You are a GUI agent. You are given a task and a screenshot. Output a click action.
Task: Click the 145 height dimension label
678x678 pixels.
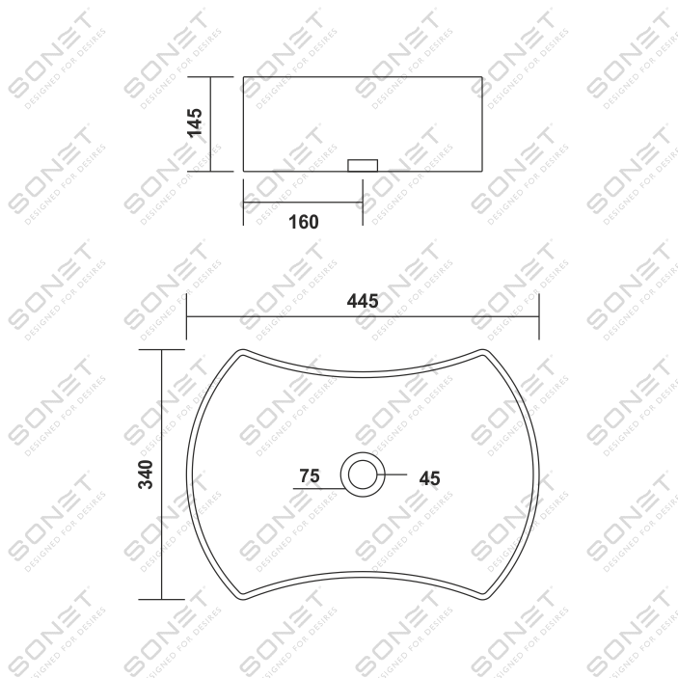coord(195,122)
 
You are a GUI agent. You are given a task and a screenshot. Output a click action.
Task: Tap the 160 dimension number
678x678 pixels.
coord(304,222)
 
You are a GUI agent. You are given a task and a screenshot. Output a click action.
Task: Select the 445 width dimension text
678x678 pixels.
coord(363,301)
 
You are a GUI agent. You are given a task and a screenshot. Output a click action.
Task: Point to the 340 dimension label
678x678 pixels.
coord(146,475)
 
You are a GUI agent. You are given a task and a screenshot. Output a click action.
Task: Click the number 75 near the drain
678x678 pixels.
coord(310,476)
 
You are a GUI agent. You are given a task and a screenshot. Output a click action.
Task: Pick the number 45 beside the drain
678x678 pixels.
coord(429,478)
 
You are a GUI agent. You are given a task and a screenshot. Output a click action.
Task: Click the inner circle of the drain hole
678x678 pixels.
coord(363,475)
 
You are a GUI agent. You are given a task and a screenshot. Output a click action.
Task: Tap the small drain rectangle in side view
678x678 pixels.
coord(363,166)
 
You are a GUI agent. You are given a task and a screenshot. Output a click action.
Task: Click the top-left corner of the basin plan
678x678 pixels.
coord(243,350)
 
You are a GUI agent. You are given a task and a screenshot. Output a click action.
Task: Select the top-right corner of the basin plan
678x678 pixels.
coord(483,350)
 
